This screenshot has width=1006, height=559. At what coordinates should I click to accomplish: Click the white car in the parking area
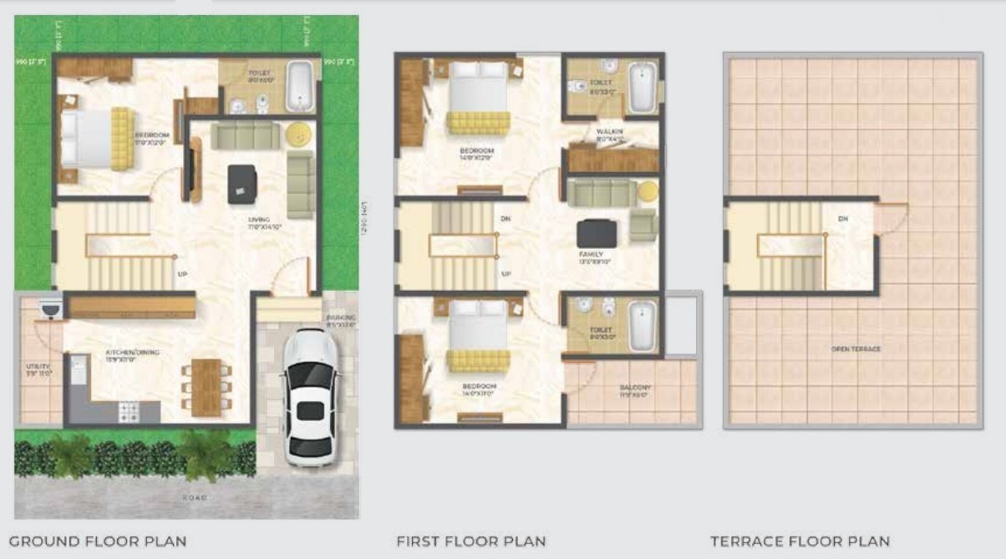[310, 396]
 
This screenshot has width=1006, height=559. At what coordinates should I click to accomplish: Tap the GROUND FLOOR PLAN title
[98, 541]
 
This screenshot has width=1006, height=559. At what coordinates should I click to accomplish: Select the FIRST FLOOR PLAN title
[471, 541]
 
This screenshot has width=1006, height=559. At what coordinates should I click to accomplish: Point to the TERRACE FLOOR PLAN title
[800, 541]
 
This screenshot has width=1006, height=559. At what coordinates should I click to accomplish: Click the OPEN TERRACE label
[855, 348]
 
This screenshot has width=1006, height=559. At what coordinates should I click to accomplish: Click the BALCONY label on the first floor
[636, 388]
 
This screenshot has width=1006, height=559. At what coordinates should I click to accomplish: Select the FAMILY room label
[591, 254]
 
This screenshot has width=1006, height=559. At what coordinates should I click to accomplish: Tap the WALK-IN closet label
[609, 132]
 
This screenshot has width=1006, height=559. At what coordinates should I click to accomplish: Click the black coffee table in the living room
[241, 183]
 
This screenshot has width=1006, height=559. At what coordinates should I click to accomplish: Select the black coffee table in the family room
[597, 232]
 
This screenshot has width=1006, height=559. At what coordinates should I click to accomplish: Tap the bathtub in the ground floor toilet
[299, 86]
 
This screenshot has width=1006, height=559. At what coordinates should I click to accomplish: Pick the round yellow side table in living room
[297, 134]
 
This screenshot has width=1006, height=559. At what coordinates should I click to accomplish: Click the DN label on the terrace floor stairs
[842, 219]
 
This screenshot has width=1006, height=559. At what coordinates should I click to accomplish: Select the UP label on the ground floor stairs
[180, 273]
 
